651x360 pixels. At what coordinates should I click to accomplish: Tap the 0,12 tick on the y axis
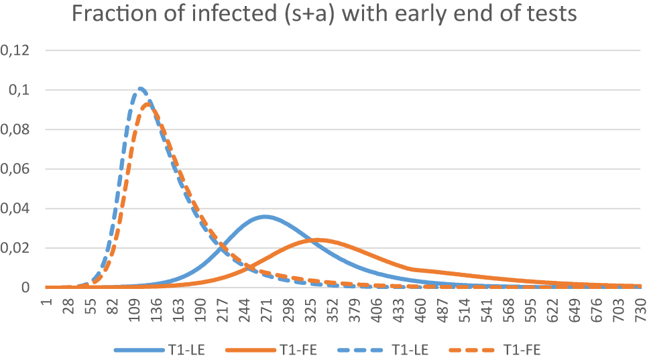[x=18, y=50]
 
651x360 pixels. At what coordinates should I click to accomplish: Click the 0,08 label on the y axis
[x=18, y=129]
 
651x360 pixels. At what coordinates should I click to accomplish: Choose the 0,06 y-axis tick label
[x=18, y=169]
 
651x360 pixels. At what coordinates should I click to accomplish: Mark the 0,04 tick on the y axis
[x=18, y=208]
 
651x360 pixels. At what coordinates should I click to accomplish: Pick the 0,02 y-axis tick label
[x=18, y=248]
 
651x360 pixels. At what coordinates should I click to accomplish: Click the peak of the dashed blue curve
[x=140, y=88]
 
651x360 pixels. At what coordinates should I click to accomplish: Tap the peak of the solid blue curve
[x=265, y=216]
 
